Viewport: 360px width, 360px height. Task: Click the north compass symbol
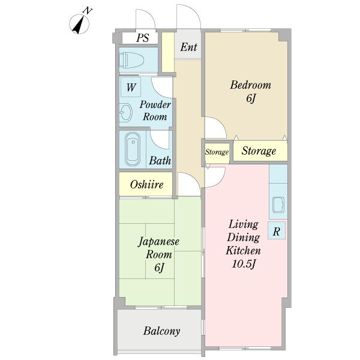(x=79, y=23)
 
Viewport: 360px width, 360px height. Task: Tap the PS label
(x=143, y=38)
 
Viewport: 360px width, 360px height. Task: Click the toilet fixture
(x=131, y=60)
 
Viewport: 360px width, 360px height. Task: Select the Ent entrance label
(x=188, y=47)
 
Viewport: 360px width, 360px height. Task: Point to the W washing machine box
(x=131, y=87)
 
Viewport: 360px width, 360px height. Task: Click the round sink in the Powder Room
(x=126, y=112)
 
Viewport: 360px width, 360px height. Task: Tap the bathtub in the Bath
(x=133, y=149)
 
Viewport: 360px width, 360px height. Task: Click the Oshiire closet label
(x=146, y=184)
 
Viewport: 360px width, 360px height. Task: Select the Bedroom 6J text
(x=250, y=91)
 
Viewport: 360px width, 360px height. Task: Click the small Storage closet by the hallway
(x=217, y=152)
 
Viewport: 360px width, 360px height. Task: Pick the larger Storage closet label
(x=259, y=151)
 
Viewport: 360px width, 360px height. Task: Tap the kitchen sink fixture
(x=278, y=205)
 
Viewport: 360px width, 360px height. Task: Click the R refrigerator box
(x=277, y=230)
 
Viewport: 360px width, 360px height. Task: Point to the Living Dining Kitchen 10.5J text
(x=244, y=244)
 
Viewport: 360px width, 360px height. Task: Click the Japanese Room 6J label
(x=158, y=254)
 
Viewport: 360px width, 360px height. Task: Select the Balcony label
(x=161, y=331)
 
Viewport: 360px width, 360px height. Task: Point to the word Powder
(x=155, y=104)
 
